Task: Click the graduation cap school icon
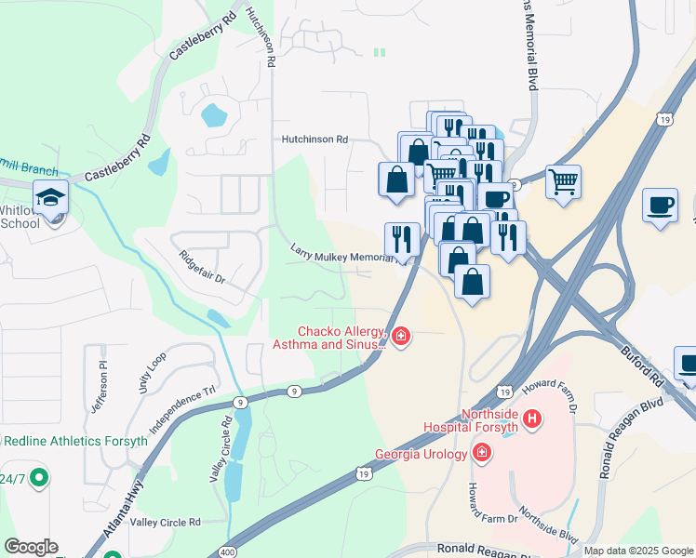[51, 196]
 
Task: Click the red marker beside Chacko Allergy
[401, 336]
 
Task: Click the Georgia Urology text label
[422, 455]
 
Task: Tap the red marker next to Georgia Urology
[482, 453]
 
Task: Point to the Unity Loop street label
[152, 369]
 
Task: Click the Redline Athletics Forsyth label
[74, 441]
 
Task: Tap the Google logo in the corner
[31, 547]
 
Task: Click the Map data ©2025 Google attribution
[638, 551]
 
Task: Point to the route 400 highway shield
[228, 552]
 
